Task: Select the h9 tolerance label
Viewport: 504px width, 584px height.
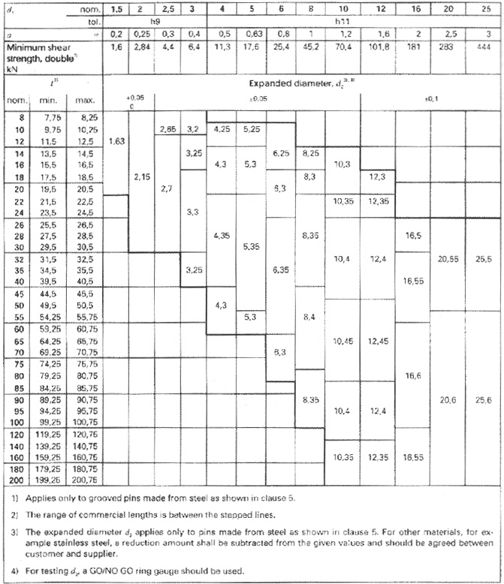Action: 158,23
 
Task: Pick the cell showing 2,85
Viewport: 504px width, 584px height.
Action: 168,129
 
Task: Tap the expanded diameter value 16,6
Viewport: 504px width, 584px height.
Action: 414,374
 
